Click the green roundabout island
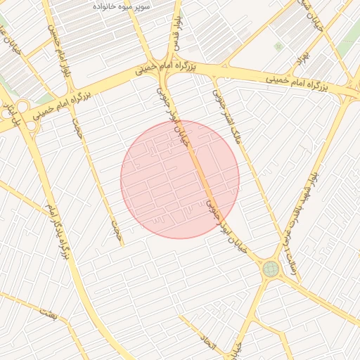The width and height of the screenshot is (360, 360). [270, 268]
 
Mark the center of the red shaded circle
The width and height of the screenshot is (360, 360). [180, 179]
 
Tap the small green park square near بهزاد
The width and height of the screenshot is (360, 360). [278, 47]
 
